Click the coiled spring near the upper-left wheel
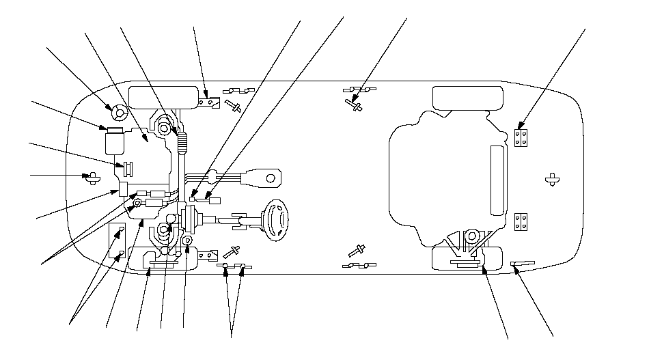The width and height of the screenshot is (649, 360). [182, 142]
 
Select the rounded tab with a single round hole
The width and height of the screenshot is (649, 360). [268, 178]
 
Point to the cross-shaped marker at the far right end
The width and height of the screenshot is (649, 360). [553, 180]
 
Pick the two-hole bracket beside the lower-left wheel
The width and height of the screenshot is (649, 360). [208, 255]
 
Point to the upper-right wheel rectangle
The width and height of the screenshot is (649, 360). [462, 98]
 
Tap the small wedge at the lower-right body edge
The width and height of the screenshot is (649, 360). [523, 262]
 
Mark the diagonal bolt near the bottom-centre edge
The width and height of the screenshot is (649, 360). [355, 249]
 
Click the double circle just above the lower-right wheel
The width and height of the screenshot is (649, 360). [471, 236]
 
